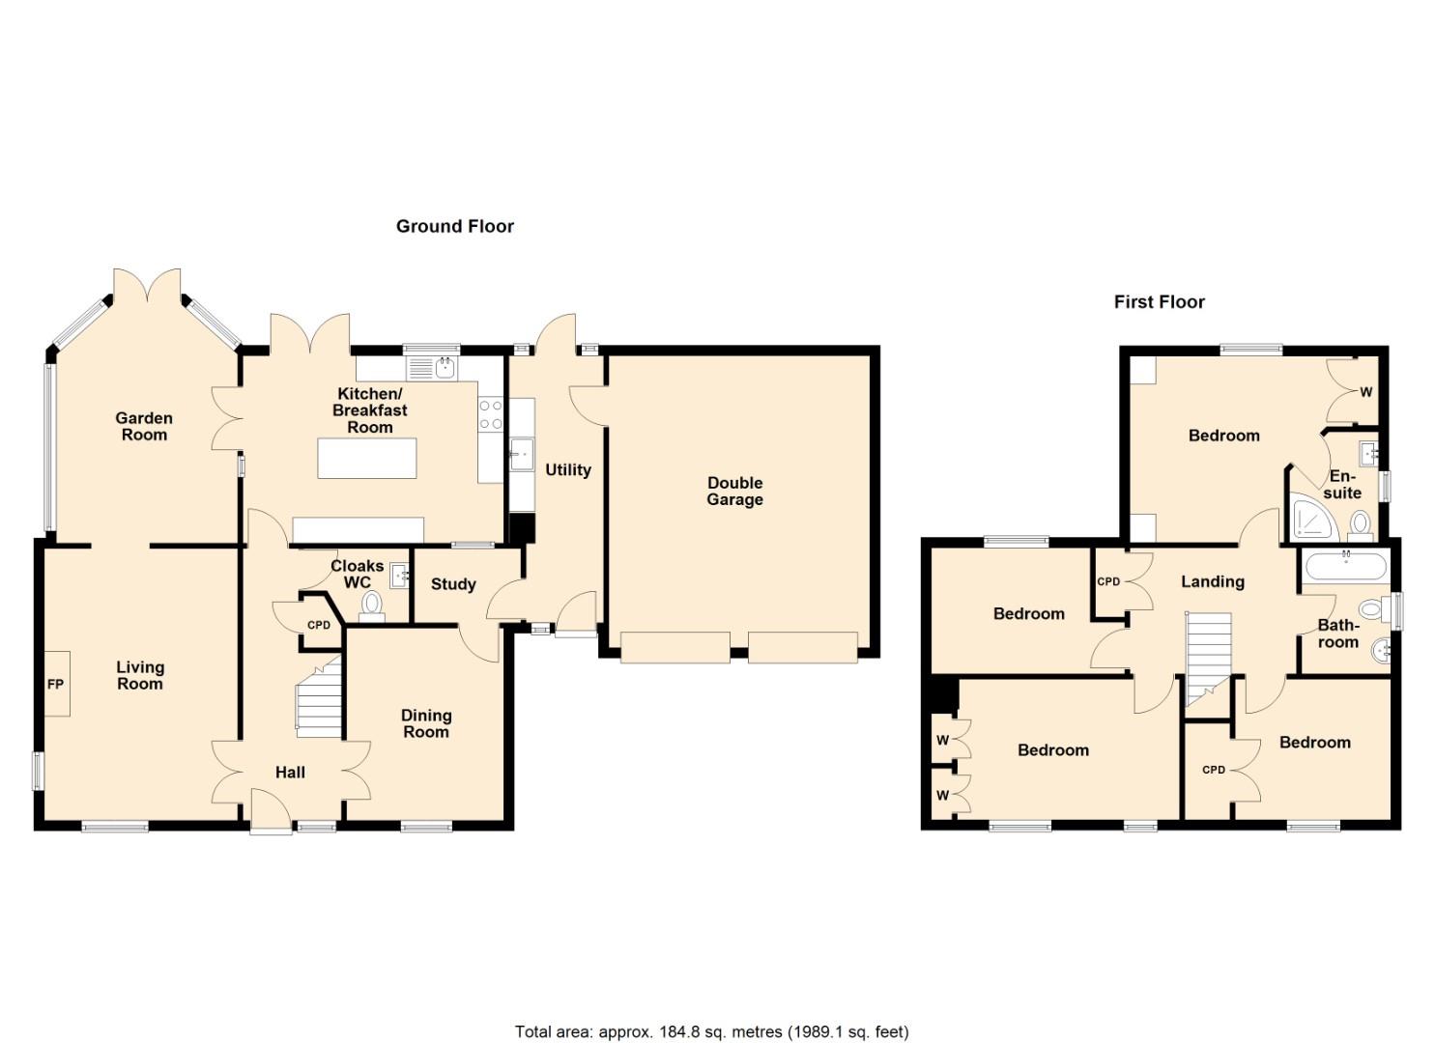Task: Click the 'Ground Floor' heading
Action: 454,226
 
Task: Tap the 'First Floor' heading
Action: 1159,301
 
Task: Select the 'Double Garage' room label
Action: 734,491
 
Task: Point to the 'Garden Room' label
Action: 144,426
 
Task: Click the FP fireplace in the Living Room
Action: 56,684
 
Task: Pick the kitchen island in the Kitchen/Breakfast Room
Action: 368,458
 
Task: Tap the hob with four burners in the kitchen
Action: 491,414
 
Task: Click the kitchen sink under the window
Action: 445,367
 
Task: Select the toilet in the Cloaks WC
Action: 371,606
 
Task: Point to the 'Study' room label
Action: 453,584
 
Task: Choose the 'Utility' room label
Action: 567,469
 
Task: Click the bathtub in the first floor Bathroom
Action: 1345,566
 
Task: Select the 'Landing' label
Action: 1212,581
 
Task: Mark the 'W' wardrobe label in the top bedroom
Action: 1365,392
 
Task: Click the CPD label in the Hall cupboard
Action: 319,625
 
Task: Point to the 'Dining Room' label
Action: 426,723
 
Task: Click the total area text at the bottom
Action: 711,1031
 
